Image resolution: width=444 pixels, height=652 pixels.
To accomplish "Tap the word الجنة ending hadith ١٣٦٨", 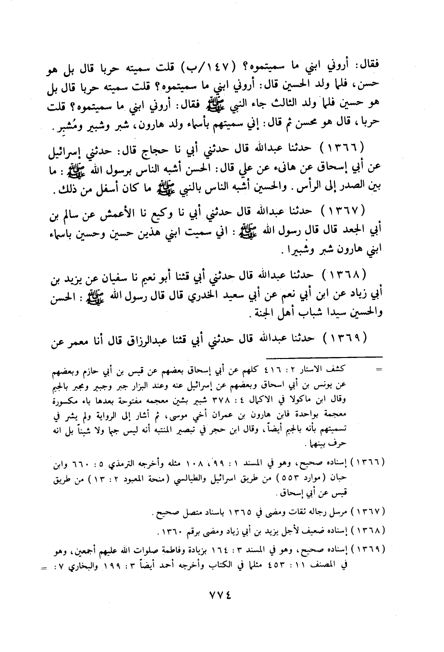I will point(262,311).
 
